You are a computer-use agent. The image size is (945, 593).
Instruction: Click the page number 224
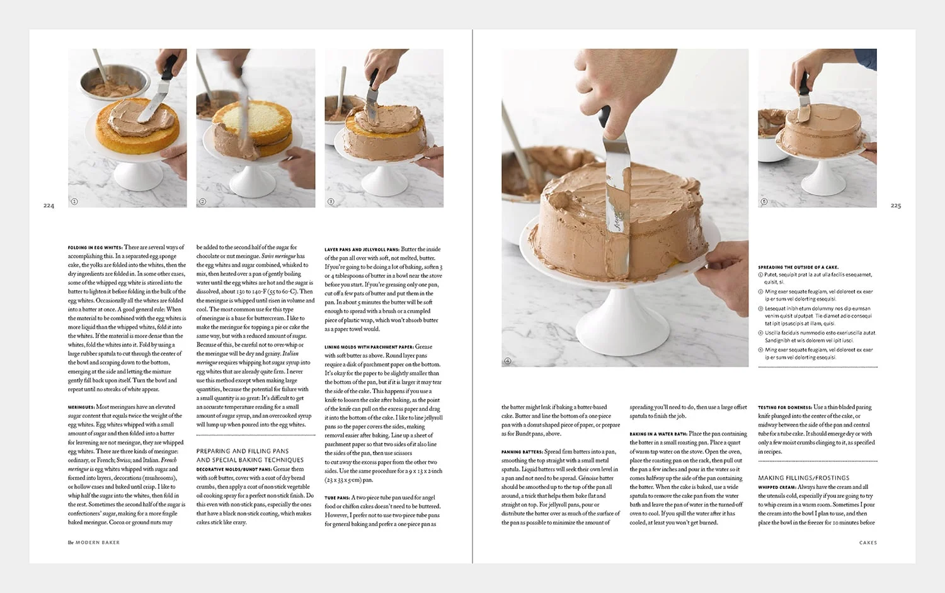click(x=49, y=205)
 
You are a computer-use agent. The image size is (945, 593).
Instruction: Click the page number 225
click(x=895, y=205)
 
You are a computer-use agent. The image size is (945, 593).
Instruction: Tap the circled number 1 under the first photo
click(x=74, y=202)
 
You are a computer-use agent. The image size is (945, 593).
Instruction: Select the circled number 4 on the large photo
click(x=508, y=361)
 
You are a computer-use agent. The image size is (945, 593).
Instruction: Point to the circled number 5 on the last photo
click(x=764, y=202)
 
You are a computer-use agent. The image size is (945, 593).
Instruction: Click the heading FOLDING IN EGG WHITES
click(x=95, y=248)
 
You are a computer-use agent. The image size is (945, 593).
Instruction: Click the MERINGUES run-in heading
click(x=81, y=407)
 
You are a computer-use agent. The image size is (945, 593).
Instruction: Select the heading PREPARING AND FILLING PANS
click(x=243, y=451)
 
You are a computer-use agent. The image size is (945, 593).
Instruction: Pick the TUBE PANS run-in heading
click(x=337, y=498)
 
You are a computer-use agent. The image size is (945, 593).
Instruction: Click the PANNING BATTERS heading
click(x=522, y=452)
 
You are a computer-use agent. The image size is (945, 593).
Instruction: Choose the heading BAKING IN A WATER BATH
click(x=658, y=434)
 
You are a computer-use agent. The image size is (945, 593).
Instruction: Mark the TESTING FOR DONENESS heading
click(x=784, y=408)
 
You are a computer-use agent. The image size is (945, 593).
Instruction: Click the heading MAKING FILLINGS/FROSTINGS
click(x=803, y=478)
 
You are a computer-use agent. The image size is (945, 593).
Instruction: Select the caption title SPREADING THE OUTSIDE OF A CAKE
click(x=798, y=267)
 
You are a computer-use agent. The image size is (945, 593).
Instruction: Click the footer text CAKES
click(x=868, y=543)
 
